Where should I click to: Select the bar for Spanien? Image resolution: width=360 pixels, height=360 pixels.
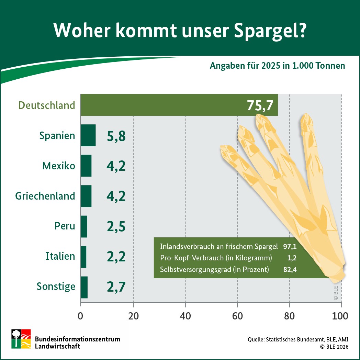tap(88, 135)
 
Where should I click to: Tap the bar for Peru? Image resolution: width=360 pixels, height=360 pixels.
tap(84, 226)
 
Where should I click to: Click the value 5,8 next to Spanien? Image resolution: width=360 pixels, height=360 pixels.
tap(116, 136)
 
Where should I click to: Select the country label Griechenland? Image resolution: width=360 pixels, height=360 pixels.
tap(45, 196)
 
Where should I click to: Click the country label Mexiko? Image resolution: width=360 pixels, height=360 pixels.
tap(58, 166)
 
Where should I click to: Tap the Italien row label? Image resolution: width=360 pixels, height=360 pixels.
tap(60, 256)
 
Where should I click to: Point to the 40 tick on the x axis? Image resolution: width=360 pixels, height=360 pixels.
tap(185, 315)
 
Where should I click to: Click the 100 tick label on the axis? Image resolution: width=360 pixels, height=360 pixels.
tap(340, 315)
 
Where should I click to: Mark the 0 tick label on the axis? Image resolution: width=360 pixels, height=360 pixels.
tap(80, 315)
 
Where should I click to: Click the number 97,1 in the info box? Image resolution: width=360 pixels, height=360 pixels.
tap(290, 247)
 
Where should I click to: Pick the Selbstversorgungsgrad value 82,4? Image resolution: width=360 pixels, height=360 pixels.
tap(290, 270)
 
